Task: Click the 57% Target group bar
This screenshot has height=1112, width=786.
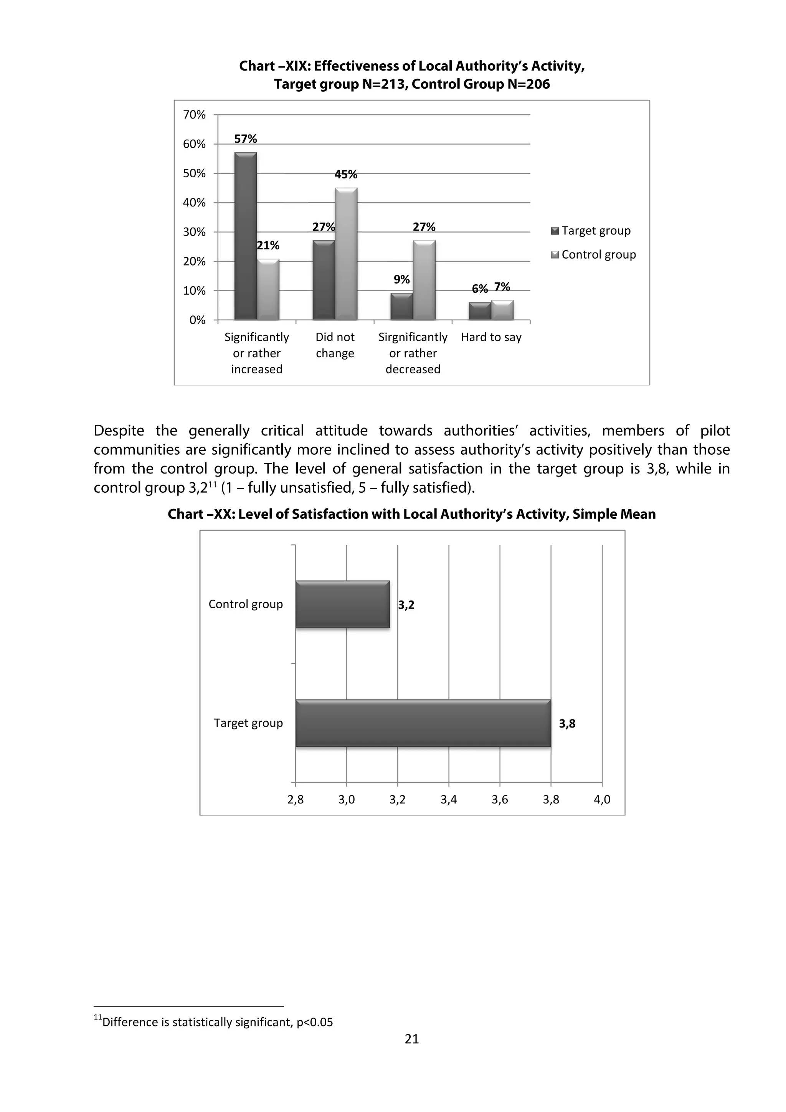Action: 246,236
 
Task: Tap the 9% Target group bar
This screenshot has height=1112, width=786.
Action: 401,306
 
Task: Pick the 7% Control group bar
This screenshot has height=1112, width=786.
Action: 502,310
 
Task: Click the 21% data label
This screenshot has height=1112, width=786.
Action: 268,246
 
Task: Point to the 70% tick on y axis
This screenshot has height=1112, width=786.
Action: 194,115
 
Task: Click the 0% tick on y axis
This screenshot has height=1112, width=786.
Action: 197,320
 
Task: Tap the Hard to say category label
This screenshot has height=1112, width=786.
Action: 491,337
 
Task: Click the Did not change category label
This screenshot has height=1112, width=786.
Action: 335,345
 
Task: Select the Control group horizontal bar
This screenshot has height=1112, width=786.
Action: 342,604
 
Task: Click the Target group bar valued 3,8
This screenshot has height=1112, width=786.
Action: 423,723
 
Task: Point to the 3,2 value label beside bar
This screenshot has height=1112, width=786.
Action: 406,605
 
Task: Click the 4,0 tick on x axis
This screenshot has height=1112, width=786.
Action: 602,800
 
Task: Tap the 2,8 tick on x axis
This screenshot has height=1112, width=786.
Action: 296,800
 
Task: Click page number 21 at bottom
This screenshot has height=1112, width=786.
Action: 412,1039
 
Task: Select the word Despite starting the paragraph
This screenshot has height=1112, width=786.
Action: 119,431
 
